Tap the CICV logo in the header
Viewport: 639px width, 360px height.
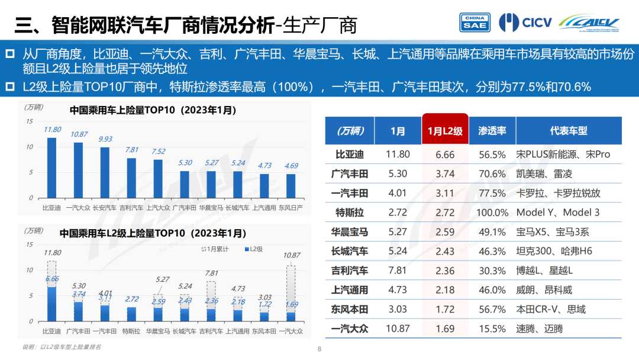(525, 22)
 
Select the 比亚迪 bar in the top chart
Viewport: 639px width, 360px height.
(52, 168)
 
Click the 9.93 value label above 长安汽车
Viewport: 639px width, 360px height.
(105, 139)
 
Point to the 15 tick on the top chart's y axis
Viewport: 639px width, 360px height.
(30, 121)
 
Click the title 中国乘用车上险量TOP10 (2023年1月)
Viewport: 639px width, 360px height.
(153, 110)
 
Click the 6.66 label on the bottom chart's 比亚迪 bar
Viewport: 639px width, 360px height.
(52, 279)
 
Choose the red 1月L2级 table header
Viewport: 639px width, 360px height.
(445, 131)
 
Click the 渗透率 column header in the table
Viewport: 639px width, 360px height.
(492, 131)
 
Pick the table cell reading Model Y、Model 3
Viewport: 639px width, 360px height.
(558, 213)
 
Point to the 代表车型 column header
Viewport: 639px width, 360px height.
(568, 131)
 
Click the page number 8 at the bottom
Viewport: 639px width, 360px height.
(319, 349)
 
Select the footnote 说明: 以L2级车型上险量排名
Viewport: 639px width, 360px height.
(62, 347)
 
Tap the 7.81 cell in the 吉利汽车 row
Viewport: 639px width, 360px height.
(398, 271)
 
